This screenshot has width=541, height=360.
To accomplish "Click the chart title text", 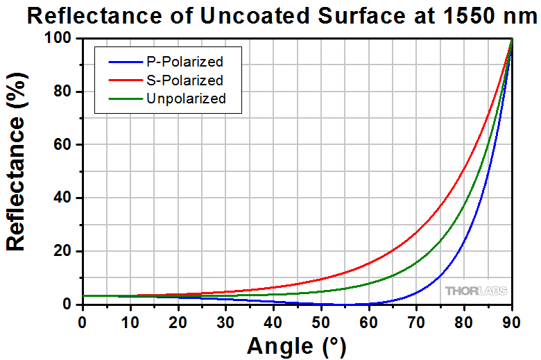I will pyautogui.click(x=284, y=15).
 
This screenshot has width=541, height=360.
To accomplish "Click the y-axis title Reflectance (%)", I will pyautogui.click(x=17, y=172).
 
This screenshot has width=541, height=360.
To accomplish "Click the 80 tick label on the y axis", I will pyautogui.click(x=65, y=92).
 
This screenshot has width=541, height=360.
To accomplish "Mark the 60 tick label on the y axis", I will pyautogui.click(x=65, y=145).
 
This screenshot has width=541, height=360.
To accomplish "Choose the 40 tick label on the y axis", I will pyautogui.click(x=65, y=198).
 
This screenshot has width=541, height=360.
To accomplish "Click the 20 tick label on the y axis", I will pyautogui.click(x=65, y=251).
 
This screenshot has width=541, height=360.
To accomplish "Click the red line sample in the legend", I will pyautogui.click(x=123, y=80).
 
